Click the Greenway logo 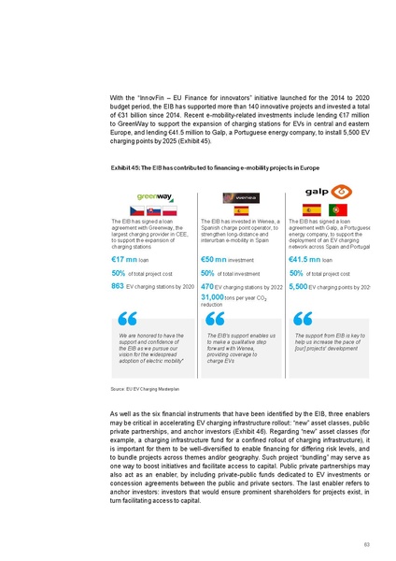(151, 196)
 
